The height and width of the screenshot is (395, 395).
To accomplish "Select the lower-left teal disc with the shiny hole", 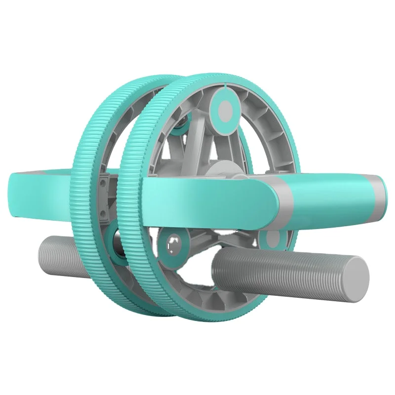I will pos(173,243).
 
